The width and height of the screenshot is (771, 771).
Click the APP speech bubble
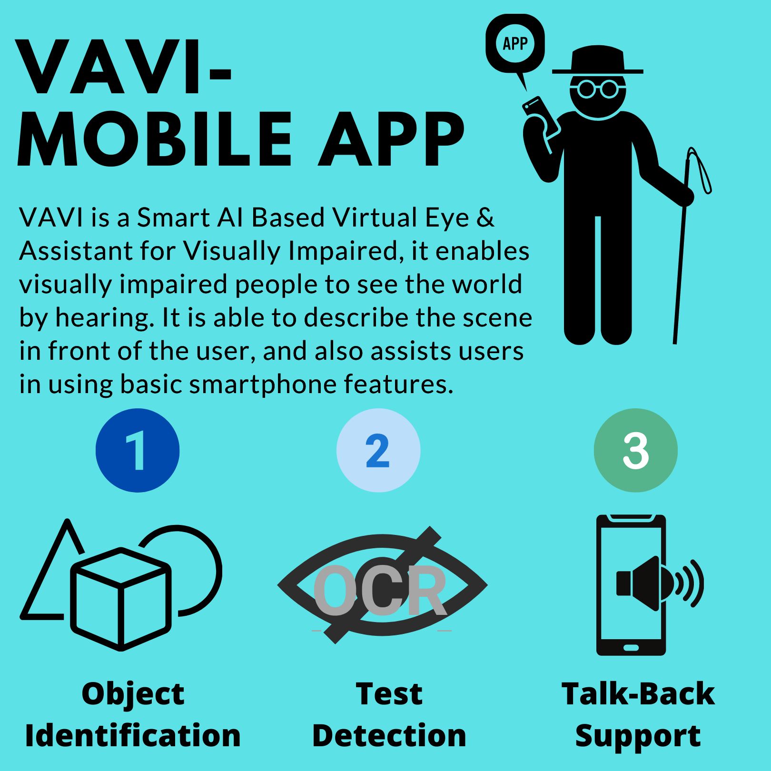[x=515, y=44]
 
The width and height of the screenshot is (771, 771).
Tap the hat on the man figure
[x=598, y=61]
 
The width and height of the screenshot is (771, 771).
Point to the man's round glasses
[x=598, y=89]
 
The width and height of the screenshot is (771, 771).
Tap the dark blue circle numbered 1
[x=138, y=450]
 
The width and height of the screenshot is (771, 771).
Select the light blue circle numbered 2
[x=378, y=450]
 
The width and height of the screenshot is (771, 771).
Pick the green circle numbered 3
[x=635, y=450]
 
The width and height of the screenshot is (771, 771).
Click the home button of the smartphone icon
[x=631, y=648]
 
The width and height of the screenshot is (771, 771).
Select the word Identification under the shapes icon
[x=133, y=736]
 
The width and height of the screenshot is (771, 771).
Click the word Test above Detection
[x=389, y=694]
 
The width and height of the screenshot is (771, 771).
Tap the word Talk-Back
[x=638, y=694]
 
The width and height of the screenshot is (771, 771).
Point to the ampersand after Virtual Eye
[x=485, y=217]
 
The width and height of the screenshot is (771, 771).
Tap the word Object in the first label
[x=133, y=694]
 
